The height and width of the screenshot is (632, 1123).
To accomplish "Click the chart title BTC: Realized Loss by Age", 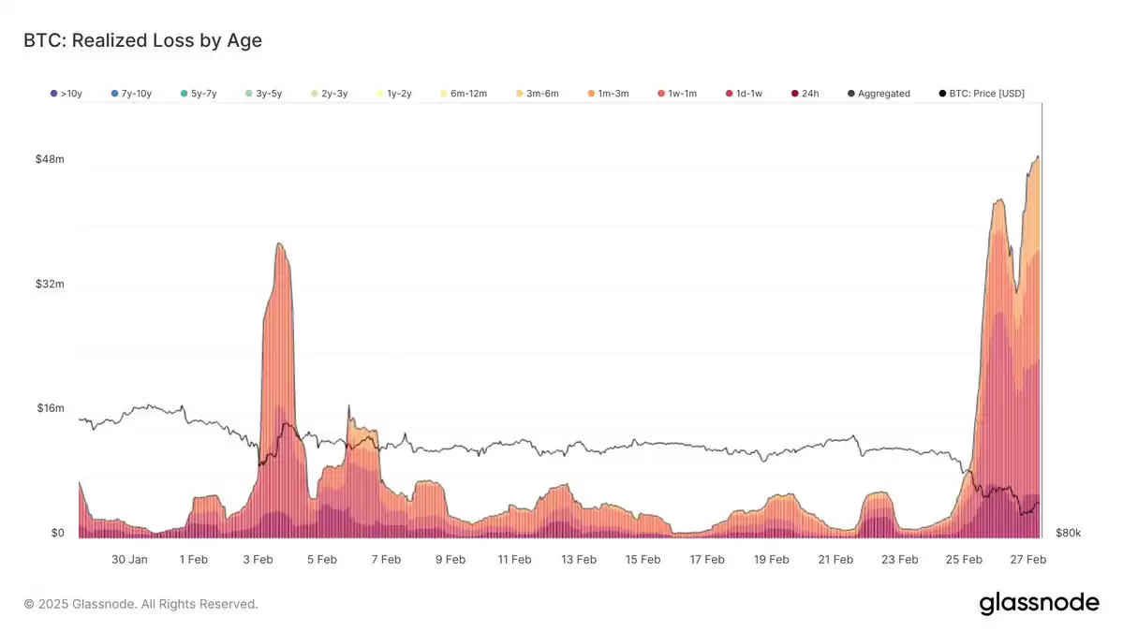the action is click(x=142, y=40).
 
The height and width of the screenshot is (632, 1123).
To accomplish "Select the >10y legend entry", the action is click(x=66, y=94).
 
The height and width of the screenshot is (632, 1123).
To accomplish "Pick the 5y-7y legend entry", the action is click(x=199, y=94).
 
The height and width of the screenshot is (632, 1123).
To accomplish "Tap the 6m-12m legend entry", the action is click(x=464, y=94).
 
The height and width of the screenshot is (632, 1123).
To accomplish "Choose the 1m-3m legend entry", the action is click(x=608, y=94).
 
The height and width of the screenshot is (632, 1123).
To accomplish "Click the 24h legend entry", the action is click(x=805, y=94).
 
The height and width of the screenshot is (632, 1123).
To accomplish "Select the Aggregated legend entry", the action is click(x=879, y=94).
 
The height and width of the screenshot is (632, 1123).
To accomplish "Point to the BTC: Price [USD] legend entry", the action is click(x=982, y=94).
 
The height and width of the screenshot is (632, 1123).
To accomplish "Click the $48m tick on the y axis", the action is click(x=51, y=159).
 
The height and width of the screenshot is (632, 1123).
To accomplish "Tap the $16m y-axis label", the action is click(x=51, y=408).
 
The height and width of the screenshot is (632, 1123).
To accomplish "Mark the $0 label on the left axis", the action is click(x=57, y=533).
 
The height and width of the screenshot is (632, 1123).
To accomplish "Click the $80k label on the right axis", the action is click(x=1068, y=533).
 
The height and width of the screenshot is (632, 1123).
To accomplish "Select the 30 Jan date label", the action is click(x=129, y=560).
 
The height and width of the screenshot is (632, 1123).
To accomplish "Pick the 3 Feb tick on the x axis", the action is click(x=258, y=560).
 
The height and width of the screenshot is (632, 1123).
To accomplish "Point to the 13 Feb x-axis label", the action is click(x=579, y=560).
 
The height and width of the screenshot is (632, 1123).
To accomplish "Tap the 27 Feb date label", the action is click(x=1027, y=560).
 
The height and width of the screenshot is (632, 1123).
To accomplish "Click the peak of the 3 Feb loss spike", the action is click(x=279, y=243).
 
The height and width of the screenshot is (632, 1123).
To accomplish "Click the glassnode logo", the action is click(x=1040, y=603).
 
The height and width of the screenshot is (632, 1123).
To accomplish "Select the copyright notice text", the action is click(x=140, y=604).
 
